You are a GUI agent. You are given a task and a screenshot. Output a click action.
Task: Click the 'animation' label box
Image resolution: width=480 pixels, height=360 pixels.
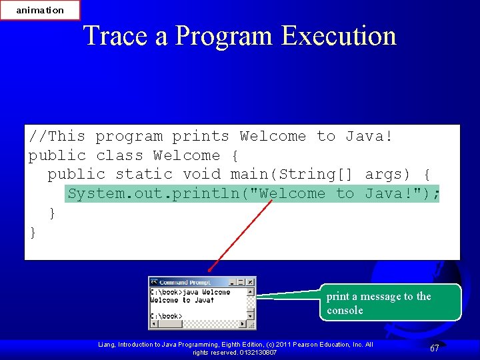click(x=40, y=10)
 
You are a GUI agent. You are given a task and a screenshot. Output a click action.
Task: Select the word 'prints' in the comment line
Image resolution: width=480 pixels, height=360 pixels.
click(x=201, y=137)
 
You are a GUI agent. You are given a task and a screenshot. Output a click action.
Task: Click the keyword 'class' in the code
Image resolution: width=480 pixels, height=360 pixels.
click(x=119, y=156)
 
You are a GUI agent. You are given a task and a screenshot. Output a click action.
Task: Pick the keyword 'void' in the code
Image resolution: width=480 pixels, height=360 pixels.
click(x=201, y=175)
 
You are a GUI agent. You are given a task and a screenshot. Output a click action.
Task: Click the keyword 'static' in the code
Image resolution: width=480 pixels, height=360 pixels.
click(x=143, y=175)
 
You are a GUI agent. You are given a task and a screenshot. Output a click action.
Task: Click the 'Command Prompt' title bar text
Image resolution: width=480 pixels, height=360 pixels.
click(x=185, y=283)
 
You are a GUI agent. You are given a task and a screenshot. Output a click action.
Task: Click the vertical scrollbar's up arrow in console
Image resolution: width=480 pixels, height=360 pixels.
click(x=251, y=292)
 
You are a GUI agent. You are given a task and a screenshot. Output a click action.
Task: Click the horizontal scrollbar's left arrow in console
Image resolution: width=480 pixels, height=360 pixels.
click(x=153, y=325)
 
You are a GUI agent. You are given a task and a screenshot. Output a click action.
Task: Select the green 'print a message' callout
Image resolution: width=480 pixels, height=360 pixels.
click(x=390, y=303)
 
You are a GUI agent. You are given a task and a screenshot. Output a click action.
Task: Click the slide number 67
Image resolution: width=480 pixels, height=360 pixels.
click(x=434, y=348)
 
